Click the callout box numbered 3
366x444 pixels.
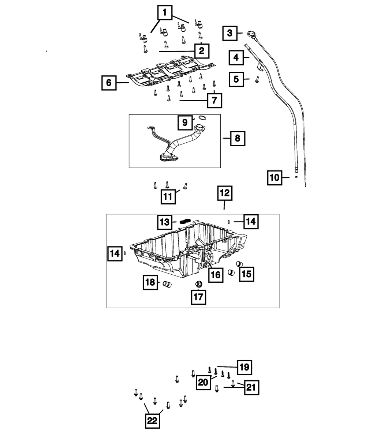(229, 33)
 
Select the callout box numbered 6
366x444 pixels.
(109, 83)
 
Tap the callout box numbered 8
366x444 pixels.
(238, 138)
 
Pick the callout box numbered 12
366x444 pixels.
(225, 193)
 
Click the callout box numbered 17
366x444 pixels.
(198, 297)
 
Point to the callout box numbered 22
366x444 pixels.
(152, 421)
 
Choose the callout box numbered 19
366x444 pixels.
(244, 367)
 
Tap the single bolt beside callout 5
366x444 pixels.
(257, 79)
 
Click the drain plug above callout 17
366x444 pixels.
(199, 284)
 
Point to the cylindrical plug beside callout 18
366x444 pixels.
(167, 284)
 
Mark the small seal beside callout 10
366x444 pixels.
(296, 177)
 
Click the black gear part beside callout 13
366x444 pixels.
(185, 221)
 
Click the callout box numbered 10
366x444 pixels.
(274, 177)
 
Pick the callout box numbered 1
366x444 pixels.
(165, 13)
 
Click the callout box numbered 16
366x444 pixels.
(216, 275)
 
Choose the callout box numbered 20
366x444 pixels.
(203, 382)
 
